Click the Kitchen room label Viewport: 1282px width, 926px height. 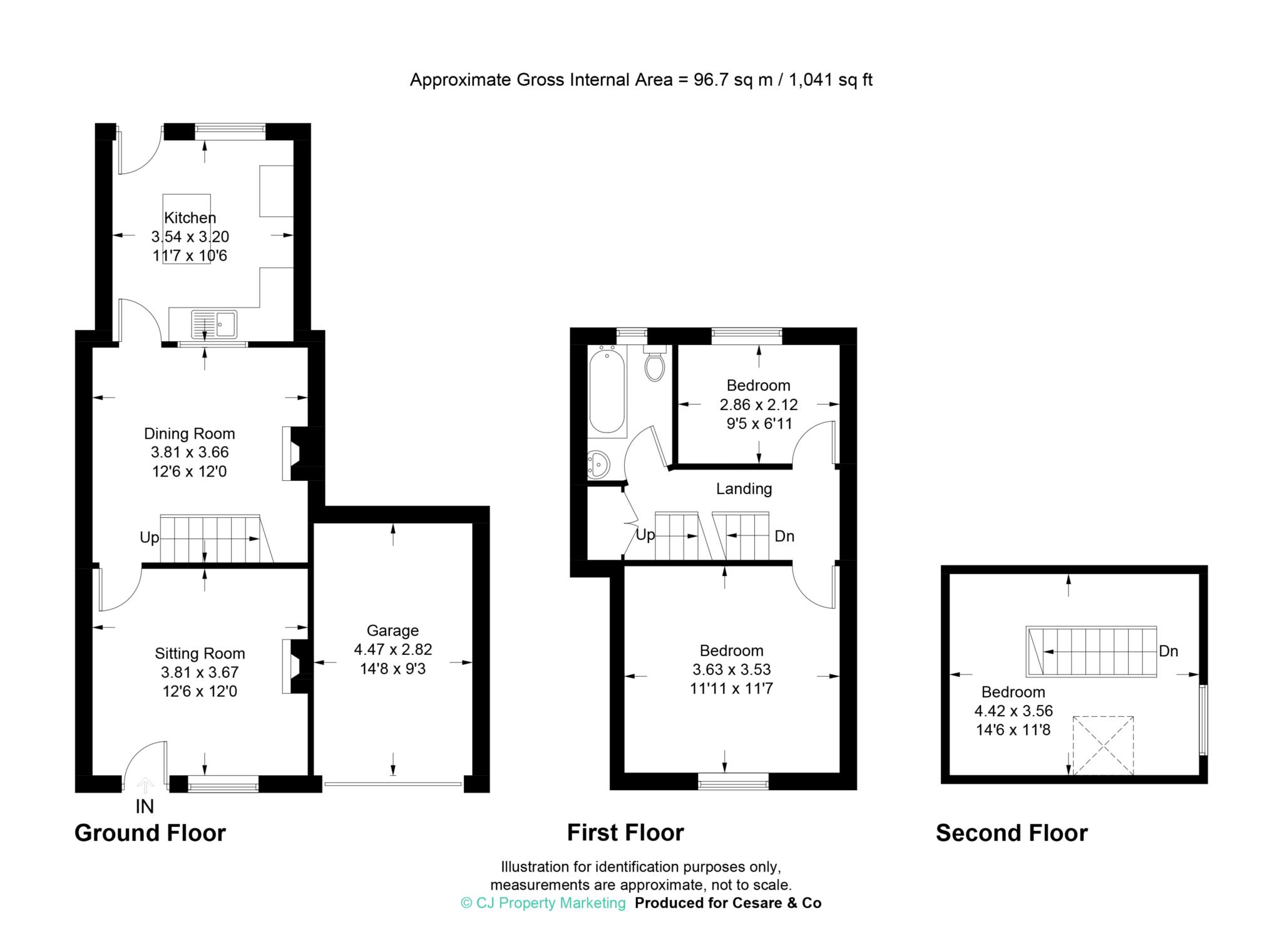[x=190, y=218]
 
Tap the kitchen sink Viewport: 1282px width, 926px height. [x=214, y=324]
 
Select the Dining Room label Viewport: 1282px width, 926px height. [x=190, y=433]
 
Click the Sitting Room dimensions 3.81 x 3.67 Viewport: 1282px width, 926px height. [x=200, y=672]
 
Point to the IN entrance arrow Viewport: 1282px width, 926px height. [x=145, y=785]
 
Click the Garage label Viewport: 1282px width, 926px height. [x=392, y=630]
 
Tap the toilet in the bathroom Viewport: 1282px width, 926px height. [x=654, y=363]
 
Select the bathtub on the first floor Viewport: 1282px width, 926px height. [x=607, y=391]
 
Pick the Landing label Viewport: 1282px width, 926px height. [x=744, y=488]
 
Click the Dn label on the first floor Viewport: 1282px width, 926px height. [x=784, y=537]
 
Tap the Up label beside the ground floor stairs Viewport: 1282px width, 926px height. [x=149, y=538]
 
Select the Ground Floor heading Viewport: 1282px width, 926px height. [x=150, y=833]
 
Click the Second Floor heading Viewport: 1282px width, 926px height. [x=1012, y=833]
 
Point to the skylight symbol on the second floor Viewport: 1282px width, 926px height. [x=1103, y=746]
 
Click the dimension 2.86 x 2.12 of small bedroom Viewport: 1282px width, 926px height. [x=759, y=404]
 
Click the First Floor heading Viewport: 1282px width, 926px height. [x=625, y=833]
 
